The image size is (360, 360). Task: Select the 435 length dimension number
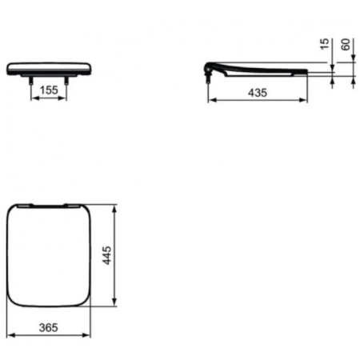[x=256, y=93]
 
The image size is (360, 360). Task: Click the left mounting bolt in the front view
[x=31, y=81]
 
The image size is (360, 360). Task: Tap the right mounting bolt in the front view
[x=67, y=81]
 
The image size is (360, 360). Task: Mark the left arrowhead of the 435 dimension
[x=211, y=101]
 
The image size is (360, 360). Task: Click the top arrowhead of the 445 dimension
[x=118, y=207]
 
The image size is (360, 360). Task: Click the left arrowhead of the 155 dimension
[x=33, y=100]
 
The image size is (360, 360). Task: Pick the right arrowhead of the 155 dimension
[x=66, y=100]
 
